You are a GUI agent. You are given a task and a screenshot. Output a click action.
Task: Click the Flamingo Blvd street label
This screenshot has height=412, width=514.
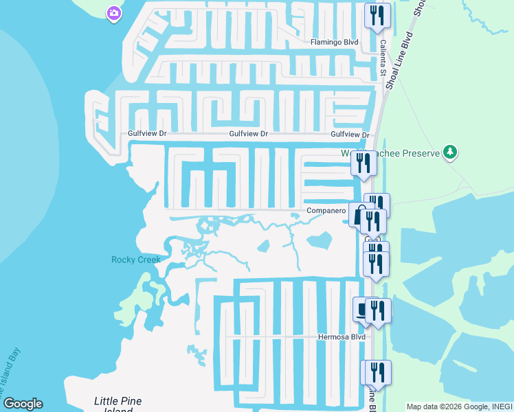335,42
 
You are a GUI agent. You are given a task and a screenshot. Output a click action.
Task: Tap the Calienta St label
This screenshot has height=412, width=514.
382,56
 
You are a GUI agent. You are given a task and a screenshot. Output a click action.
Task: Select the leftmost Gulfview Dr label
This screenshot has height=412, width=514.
148,134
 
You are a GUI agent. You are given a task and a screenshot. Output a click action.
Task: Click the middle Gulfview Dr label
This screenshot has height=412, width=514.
248,134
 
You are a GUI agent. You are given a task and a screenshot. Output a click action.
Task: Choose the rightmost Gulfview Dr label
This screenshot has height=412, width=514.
350,135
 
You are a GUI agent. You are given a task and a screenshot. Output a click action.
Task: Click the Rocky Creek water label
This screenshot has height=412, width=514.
136,260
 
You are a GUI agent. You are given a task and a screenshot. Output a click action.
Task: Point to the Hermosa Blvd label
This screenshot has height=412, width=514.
340,337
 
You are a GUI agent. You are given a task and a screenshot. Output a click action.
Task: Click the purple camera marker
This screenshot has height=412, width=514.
114,12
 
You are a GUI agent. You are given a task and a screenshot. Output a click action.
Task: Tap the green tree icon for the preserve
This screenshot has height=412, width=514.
450,152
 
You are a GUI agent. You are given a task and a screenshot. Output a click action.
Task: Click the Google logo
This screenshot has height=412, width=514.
23,404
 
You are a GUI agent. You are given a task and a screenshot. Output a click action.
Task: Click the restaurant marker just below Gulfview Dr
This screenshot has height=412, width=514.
363,163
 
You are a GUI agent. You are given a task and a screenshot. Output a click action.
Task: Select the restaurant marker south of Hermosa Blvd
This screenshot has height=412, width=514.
377,372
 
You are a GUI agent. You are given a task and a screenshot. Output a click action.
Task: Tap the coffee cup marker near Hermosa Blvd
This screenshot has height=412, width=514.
362,310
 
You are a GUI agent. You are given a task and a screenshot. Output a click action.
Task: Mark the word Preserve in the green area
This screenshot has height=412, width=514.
418,153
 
